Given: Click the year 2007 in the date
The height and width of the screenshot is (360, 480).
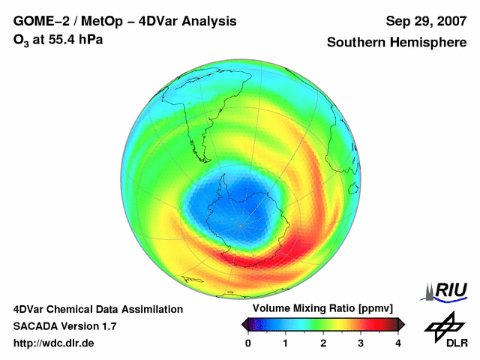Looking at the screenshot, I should point(446,21).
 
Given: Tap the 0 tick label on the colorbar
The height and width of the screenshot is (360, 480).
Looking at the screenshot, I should point(248,343).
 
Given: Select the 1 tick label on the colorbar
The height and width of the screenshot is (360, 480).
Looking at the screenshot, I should point(286,343).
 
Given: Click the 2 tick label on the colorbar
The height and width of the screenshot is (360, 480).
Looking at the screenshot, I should point(323,343).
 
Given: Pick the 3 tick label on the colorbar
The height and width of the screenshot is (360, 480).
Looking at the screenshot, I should point(361,343).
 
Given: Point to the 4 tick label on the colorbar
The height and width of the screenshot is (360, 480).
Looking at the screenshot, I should point(398,343).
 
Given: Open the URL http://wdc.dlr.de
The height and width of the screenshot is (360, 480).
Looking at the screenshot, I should point(54,343).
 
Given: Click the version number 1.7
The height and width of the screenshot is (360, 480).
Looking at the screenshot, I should point(107,326).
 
